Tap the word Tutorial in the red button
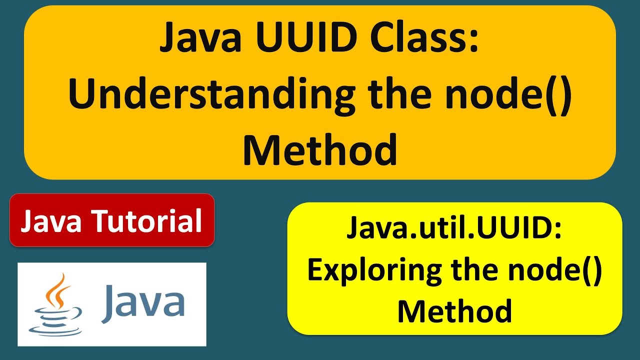pyautogui.click(x=148, y=221)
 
